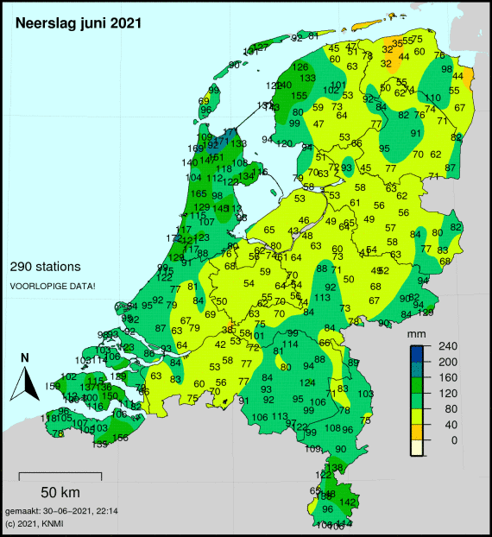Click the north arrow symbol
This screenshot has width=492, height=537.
(x=24, y=382)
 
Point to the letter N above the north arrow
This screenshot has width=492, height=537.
(x=25, y=357)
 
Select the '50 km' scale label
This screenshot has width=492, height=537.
(x=60, y=492)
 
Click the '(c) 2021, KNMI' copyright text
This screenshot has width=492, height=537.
(x=34, y=523)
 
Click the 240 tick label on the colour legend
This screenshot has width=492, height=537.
(x=447, y=346)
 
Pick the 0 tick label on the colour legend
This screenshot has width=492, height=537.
(x=442, y=439)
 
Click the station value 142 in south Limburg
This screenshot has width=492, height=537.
(x=347, y=502)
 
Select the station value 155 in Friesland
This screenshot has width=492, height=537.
(x=300, y=96)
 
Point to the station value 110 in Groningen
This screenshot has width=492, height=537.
(x=433, y=98)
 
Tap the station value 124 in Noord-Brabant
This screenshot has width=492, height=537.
(x=307, y=382)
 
